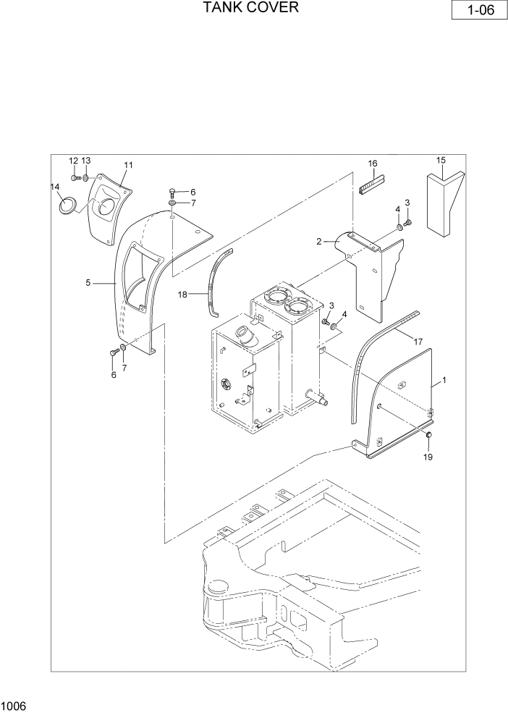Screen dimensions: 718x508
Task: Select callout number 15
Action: pyautogui.click(x=441, y=160)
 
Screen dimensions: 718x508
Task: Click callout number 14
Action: pyautogui.click(x=54, y=187)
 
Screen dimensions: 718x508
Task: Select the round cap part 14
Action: pyautogui.click(x=67, y=205)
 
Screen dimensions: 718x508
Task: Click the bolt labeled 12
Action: pyautogui.click(x=75, y=177)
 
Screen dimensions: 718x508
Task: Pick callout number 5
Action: pyautogui.click(x=88, y=283)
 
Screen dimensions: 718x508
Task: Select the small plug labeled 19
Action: pyautogui.click(x=428, y=435)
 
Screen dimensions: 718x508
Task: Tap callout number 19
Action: pyautogui.click(x=428, y=457)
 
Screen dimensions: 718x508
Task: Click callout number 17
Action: pyautogui.click(x=417, y=340)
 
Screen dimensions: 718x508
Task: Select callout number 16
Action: pyautogui.click(x=373, y=164)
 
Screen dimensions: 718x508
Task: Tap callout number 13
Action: pyautogui.click(x=86, y=160)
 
